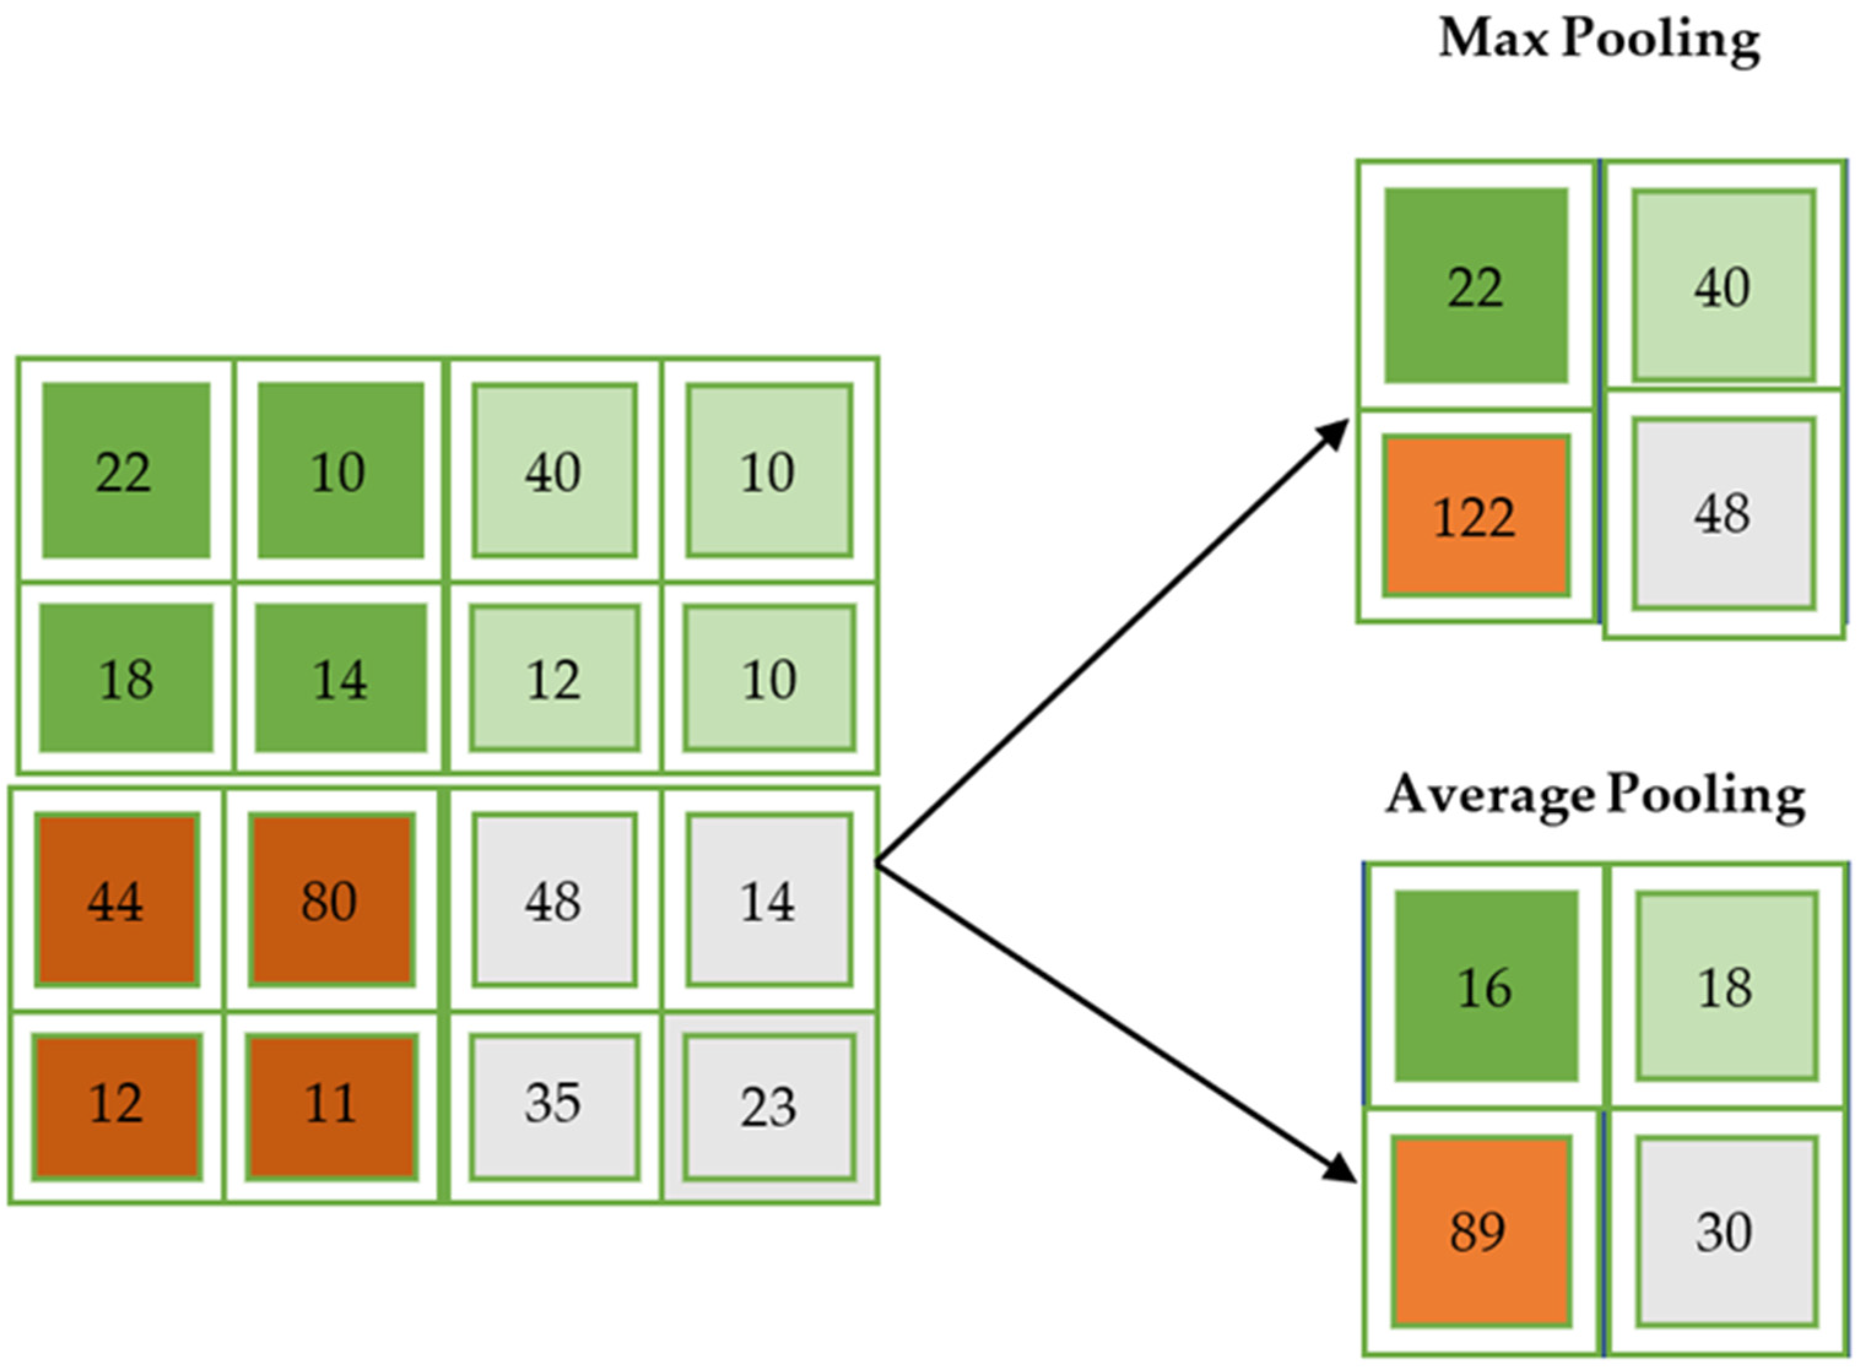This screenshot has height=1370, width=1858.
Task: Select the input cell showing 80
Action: pyautogui.click(x=331, y=900)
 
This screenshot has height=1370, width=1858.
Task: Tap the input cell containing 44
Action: pyautogui.click(x=116, y=900)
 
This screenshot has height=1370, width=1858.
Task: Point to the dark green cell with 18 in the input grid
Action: pyautogui.click(x=126, y=677)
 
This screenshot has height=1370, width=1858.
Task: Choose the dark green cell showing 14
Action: pyautogui.click(x=340, y=677)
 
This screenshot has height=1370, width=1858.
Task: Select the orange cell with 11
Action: pyautogui.click(x=331, y=1105)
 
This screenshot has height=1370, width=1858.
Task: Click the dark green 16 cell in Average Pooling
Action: pyautogui.click(x=1486, y=986)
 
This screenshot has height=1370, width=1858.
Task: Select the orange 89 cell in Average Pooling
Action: pyautogui.click(x=1481, y=1231)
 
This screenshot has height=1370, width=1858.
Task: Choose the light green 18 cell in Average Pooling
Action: pyautogui.click(x=1727, y=986)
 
